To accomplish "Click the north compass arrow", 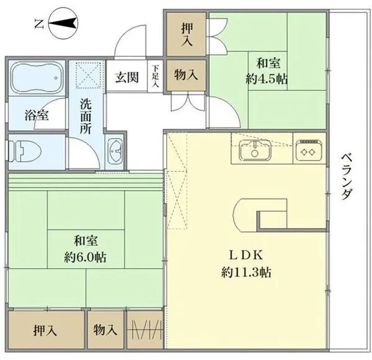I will coord(61,24).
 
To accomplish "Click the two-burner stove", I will coord(308,149).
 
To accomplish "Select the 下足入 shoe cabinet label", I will coord(156,77).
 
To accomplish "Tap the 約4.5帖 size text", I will coord(267,79).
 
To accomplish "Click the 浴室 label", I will coord(33,115).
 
